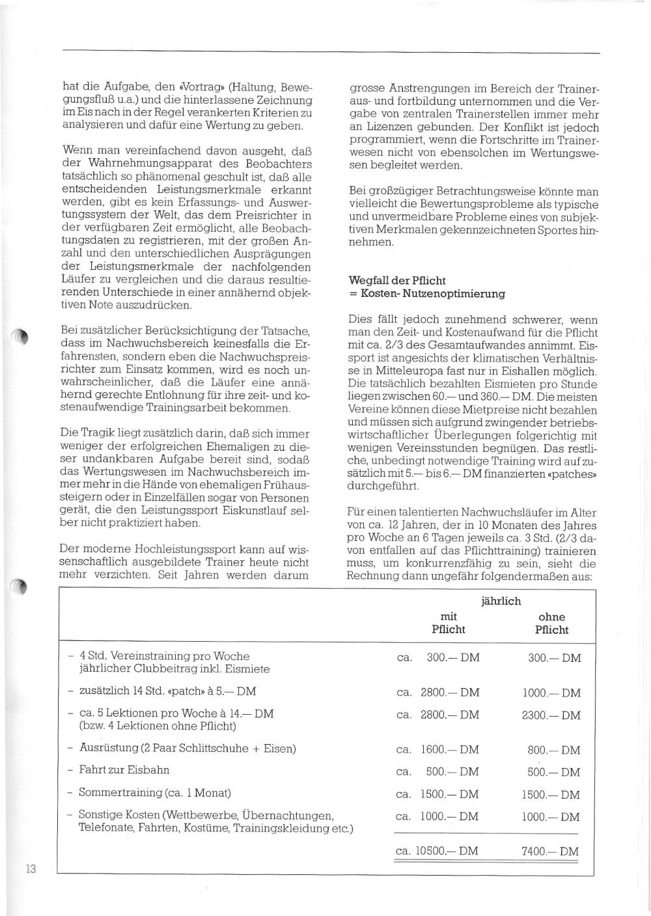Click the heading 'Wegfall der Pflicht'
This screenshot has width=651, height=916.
397,281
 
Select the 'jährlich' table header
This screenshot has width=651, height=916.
501,601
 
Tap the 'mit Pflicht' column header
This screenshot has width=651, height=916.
449,623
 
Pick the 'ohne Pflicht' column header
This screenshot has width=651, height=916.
551,623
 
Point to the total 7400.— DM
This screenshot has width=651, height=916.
551,851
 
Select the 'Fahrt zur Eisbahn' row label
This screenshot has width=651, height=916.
124,770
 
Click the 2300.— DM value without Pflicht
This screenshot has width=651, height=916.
551,715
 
